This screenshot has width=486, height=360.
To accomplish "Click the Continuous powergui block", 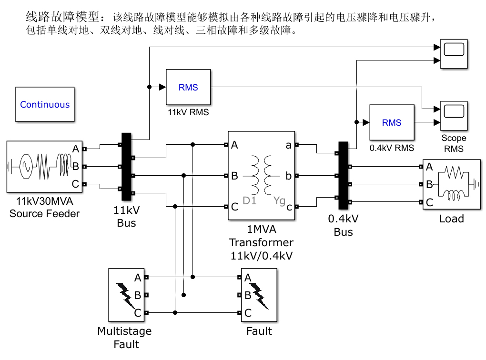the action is [x=45, y=104].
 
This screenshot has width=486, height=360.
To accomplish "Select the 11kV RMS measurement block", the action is [x=188, y=87].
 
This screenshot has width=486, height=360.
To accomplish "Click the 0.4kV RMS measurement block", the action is [x=392, y=122].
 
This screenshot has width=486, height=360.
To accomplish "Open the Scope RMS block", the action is [x=454, y=116].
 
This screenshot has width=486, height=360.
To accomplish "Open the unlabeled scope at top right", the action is [x=454, y=54].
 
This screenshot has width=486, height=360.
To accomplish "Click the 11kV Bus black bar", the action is [x=126, y=167].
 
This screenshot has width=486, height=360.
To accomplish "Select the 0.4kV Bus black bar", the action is [x=343, y=175].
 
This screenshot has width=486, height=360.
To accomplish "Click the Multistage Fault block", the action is [x=126, y=295].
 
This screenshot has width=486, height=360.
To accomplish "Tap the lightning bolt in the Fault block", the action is [x=259, y=296].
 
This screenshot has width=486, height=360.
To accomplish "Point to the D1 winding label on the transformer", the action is [x=250, y=200].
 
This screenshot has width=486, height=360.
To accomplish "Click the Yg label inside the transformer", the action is [x=279, y=201].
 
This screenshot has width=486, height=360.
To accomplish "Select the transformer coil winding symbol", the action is [x=261, y=175].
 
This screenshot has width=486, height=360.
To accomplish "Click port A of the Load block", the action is [x=421, y=167].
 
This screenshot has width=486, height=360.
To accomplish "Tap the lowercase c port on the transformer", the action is [x=297, y=206].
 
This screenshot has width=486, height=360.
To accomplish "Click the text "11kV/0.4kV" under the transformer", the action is [x=262, y=256].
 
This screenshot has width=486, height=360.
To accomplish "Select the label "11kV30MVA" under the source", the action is [x=45, y=201].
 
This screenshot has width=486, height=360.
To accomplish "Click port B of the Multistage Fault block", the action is [x=146, y=295].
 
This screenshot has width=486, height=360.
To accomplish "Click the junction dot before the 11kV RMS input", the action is [x=150, y=87].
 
